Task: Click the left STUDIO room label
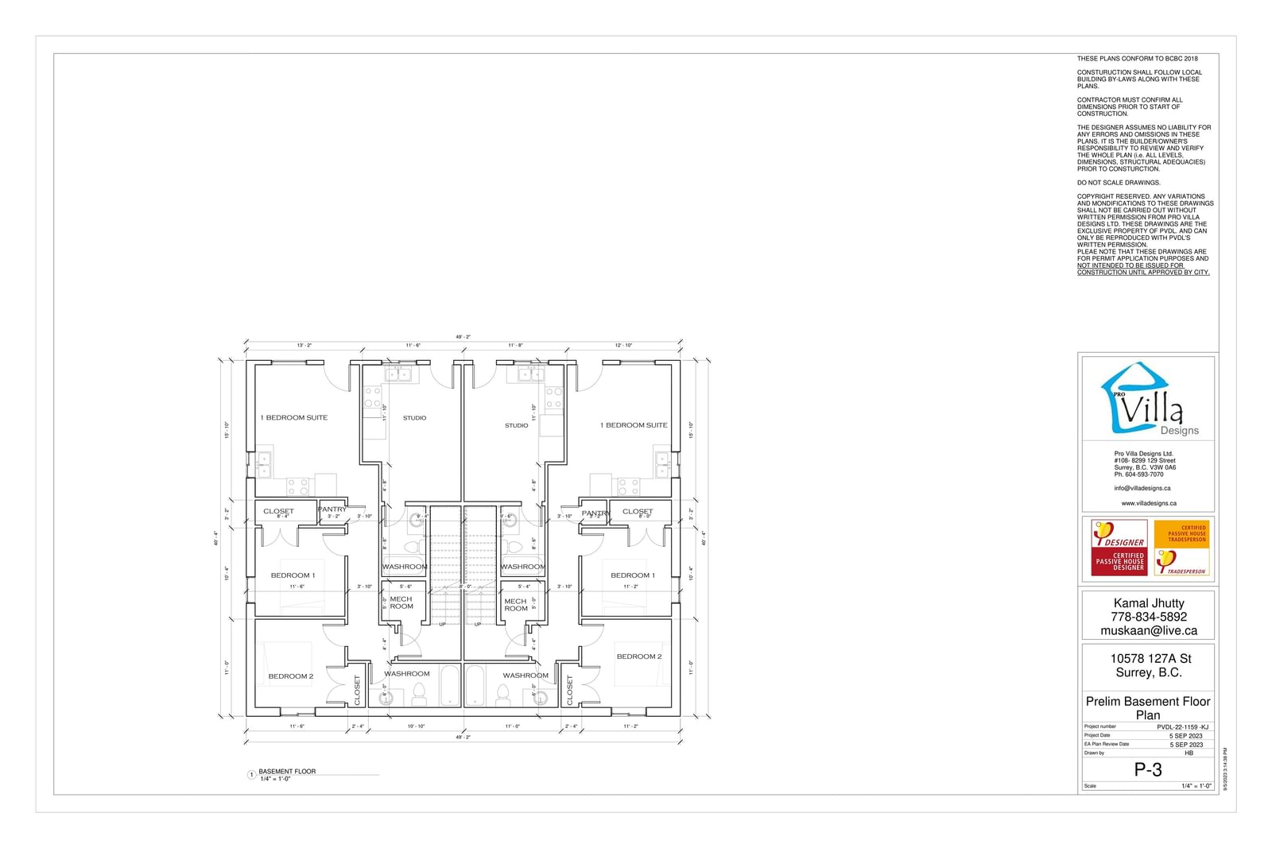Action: (x=414, y=418)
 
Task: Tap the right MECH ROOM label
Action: (x=516, y=605)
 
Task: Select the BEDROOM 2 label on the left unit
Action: (x=291, y=676)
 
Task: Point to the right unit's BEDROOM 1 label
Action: (x=633, y=575)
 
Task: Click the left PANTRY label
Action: (x=332, y=509)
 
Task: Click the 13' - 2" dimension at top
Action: (x=304, y=346)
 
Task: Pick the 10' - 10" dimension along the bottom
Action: (x=416, y=726)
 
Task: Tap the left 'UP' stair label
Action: (x=442, y=625)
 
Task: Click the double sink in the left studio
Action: (x=397, y=374)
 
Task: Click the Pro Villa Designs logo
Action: (x=1147, y=400)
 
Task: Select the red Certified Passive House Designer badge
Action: (x=1119, y=547)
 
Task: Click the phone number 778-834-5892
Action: (x=1149, y=617)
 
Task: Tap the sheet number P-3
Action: (x=1148, y=769)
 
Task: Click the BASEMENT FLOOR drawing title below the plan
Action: (x=287, y=772)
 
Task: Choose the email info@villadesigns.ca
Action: (x=1142, y=489)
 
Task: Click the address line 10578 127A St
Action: (x=1150, y=658)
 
